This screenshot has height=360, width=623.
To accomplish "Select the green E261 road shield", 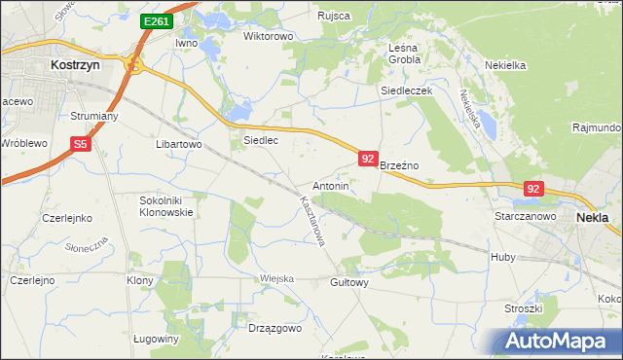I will (155, 21).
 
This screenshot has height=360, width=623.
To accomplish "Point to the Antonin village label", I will (331, 185).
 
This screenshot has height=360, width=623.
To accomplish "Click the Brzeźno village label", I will (398, 166).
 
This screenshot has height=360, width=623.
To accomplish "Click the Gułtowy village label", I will (349, 283).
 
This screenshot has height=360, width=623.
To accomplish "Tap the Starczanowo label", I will (525, 216).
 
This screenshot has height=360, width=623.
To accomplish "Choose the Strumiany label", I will (94, 116).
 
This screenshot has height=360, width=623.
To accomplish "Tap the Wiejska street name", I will (276, 278).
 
